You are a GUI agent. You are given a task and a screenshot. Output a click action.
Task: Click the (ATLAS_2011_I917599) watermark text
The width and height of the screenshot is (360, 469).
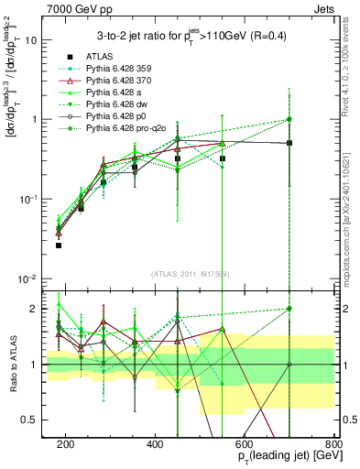[190, 274]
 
